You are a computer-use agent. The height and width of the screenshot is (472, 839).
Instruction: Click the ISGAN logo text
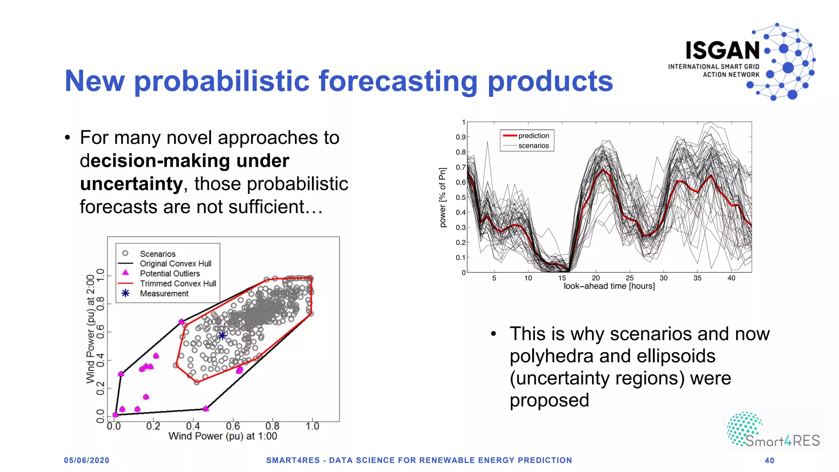(723, 51)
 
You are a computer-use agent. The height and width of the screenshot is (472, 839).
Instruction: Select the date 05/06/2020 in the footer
(86, 460)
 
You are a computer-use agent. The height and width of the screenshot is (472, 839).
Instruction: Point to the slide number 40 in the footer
(769, 461)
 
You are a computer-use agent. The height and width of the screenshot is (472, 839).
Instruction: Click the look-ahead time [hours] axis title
(609, 286)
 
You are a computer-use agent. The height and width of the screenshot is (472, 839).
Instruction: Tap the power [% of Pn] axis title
(442, 197)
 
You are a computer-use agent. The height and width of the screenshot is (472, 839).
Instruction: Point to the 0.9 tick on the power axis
(460, 137)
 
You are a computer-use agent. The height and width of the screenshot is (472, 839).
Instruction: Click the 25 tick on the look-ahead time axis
(630, 278)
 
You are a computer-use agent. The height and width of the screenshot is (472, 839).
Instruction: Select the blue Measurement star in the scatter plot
(222, 336)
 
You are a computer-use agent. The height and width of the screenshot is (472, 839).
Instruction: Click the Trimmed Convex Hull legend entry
(178, 284)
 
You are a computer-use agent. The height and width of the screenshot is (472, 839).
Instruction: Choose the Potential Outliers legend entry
(170, 274)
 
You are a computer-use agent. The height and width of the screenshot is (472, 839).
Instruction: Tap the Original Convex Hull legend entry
(175, 264)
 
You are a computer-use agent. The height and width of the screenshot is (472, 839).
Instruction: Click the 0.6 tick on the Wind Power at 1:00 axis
(233, 427)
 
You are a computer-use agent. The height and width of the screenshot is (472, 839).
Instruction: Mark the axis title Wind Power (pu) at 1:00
(222, 436)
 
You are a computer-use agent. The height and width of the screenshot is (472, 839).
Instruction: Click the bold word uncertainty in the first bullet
(131, 184)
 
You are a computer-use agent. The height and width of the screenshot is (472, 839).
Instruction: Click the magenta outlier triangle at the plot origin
(116, 415)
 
